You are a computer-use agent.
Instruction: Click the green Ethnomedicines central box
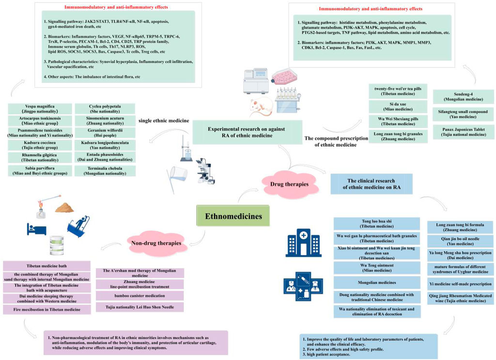[232, 216]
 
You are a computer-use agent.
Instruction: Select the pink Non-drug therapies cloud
[155, 242]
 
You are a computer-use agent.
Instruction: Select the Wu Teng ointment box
[377, 267]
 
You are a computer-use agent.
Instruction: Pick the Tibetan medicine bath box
[47, 266]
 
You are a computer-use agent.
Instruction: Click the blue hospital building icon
[298, 242]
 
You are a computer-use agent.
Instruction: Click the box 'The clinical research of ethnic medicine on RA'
[372, 184]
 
